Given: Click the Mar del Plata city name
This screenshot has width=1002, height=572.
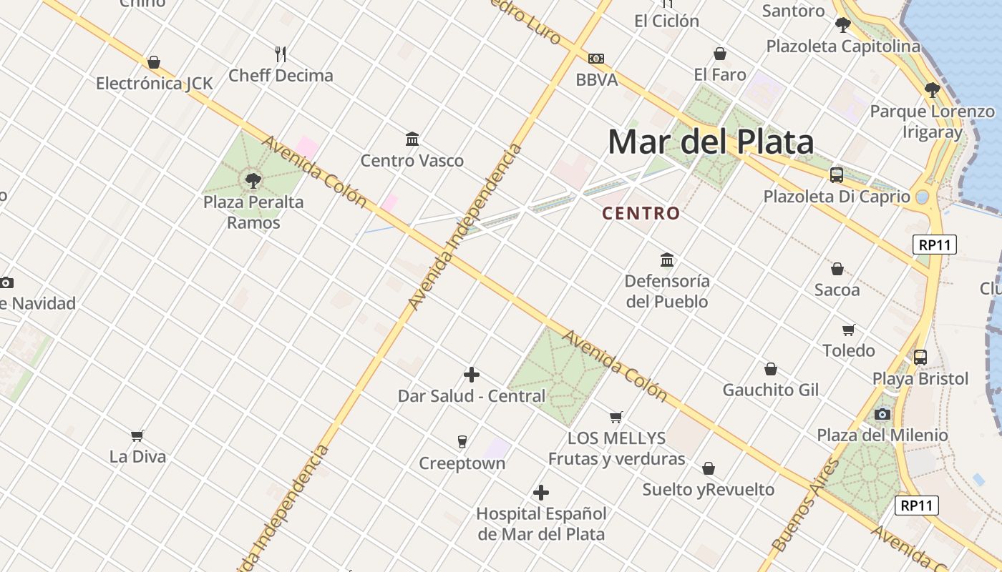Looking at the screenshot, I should (x=711, y=142).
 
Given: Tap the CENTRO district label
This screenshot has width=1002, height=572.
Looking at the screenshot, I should (x=641, y=213).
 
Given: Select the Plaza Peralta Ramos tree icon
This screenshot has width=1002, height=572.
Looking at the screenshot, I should (x=253, y=179).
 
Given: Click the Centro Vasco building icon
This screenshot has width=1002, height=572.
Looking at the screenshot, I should (x=412, y=139).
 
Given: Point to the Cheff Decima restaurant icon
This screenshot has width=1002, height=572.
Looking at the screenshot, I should (x=281, y=54).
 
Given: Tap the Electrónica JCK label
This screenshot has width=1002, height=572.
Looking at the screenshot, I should (x=155, y=84).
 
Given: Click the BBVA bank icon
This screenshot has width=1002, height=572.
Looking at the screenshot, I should (x=596, y=59).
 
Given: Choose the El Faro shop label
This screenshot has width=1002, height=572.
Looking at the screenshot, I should (x=720, y=74).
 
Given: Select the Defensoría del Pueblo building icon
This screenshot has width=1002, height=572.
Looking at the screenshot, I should (x=667, y=259).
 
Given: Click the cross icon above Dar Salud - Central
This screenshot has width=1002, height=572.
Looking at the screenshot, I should (x=472, y=374).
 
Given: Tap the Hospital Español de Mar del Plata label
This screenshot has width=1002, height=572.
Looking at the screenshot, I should (x=541, y=523).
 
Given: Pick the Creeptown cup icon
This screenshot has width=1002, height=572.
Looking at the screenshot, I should (x=462, y=441).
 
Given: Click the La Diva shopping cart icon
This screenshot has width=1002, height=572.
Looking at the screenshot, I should (x=137, y=435).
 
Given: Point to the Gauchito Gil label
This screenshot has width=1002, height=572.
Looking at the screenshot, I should (x=770, y=390).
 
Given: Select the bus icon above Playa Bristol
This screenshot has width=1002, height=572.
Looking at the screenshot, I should (x=920, y=357).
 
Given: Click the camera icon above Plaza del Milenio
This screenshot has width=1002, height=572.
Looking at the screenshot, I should (x=882, y=414).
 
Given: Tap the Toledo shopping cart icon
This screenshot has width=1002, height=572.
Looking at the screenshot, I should (x=849, y=330).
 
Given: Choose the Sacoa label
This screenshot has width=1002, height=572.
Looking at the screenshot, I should (x=837, y=290).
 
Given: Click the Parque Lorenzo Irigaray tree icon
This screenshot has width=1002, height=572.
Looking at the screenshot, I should (x=932, y=90).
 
